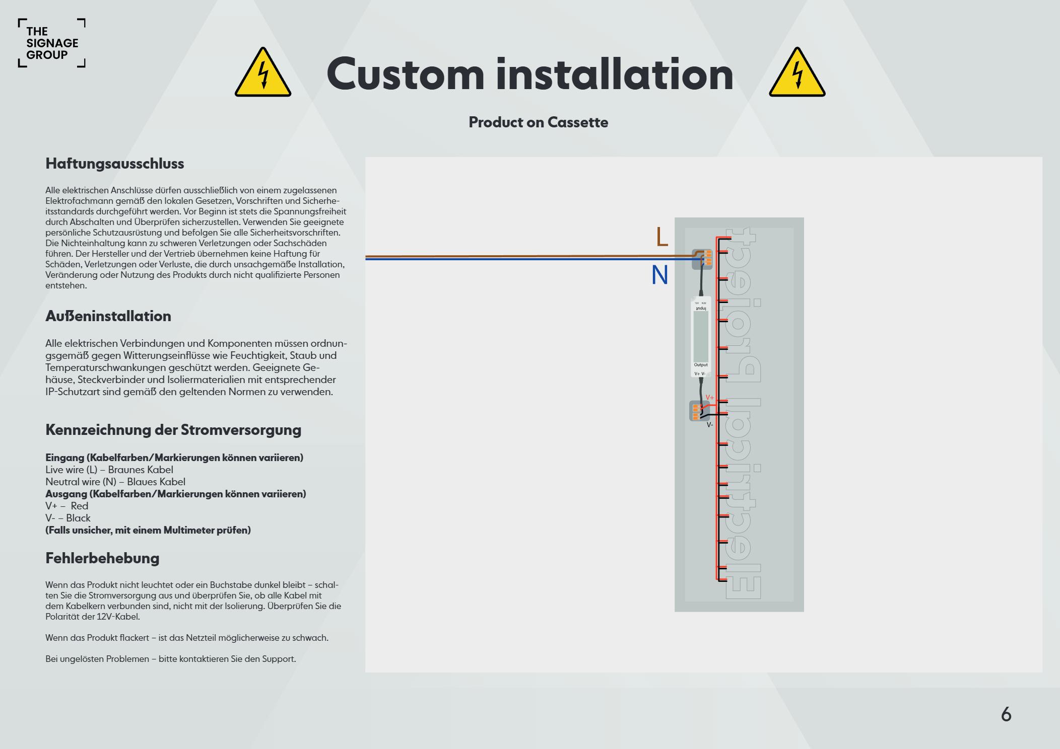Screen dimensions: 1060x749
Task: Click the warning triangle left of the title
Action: point(262,73)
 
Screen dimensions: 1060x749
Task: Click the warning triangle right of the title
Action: point(797,73)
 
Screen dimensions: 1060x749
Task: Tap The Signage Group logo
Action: point(51,43)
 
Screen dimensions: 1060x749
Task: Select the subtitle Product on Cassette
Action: point(538,122)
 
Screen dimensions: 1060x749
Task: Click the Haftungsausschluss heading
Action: point(115,164)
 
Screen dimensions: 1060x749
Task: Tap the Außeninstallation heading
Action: point(108,316)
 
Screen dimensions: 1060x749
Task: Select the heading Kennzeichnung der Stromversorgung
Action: point(173,430)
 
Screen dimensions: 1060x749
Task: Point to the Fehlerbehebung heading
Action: point(102,558)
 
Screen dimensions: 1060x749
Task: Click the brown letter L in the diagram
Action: point(662,237)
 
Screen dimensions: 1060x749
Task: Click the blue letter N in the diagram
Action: point(659,275)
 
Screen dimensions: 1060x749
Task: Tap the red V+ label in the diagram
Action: point(710,398)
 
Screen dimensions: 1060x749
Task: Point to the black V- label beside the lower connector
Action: point(709,425)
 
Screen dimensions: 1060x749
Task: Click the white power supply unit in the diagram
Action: point(701,336)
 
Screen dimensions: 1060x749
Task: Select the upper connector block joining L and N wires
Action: point(702,259)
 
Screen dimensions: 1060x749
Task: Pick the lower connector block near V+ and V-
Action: point(698,411)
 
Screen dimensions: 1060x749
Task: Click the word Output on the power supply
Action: point(701,365)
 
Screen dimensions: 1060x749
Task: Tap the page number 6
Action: point(1006,714)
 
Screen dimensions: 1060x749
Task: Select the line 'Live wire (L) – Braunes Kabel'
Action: point(109,470)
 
